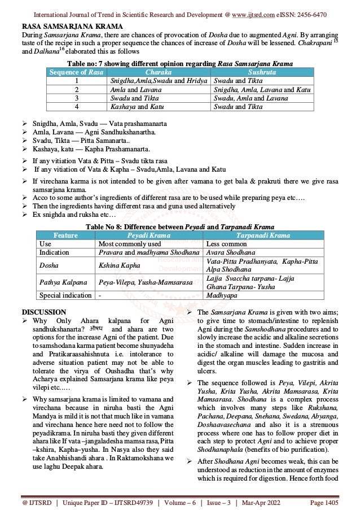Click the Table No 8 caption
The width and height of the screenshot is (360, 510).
[179, 226]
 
